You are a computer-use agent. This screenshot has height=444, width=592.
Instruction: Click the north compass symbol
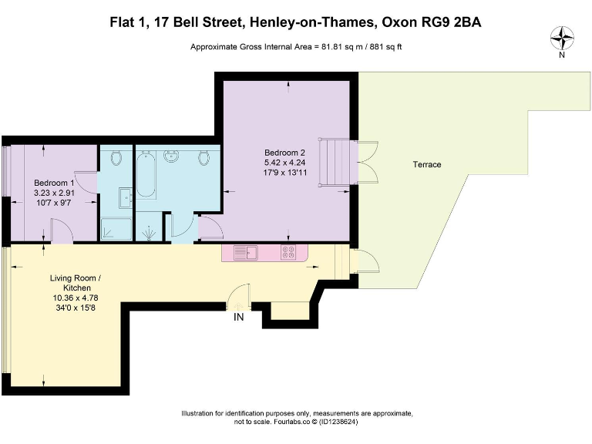(562, 36)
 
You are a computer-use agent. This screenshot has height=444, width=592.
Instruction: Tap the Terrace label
(426, 164)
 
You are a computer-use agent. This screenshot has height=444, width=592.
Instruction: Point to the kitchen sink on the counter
(246, 252)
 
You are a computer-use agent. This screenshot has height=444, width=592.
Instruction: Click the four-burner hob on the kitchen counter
(288, 252)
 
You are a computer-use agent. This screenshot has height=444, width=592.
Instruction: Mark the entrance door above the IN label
(239, 298)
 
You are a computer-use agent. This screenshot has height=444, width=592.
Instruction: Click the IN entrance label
(239, 316)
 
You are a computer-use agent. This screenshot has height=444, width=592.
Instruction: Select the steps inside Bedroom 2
(335, 163)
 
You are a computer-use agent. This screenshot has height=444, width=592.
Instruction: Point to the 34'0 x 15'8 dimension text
(76, 307)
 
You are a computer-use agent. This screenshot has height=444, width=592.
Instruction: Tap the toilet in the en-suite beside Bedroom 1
(116, 158)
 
